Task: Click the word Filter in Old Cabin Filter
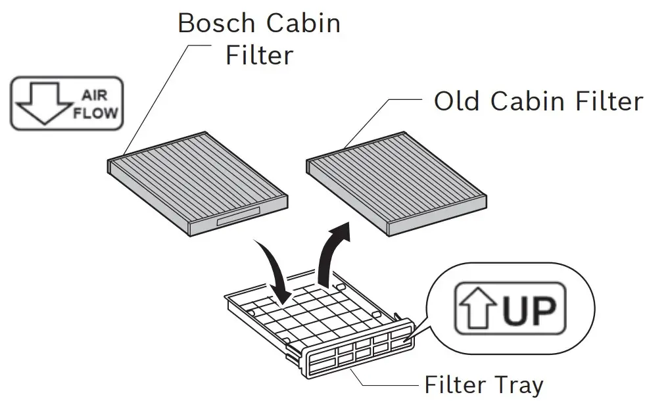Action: [x=607, y=101]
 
